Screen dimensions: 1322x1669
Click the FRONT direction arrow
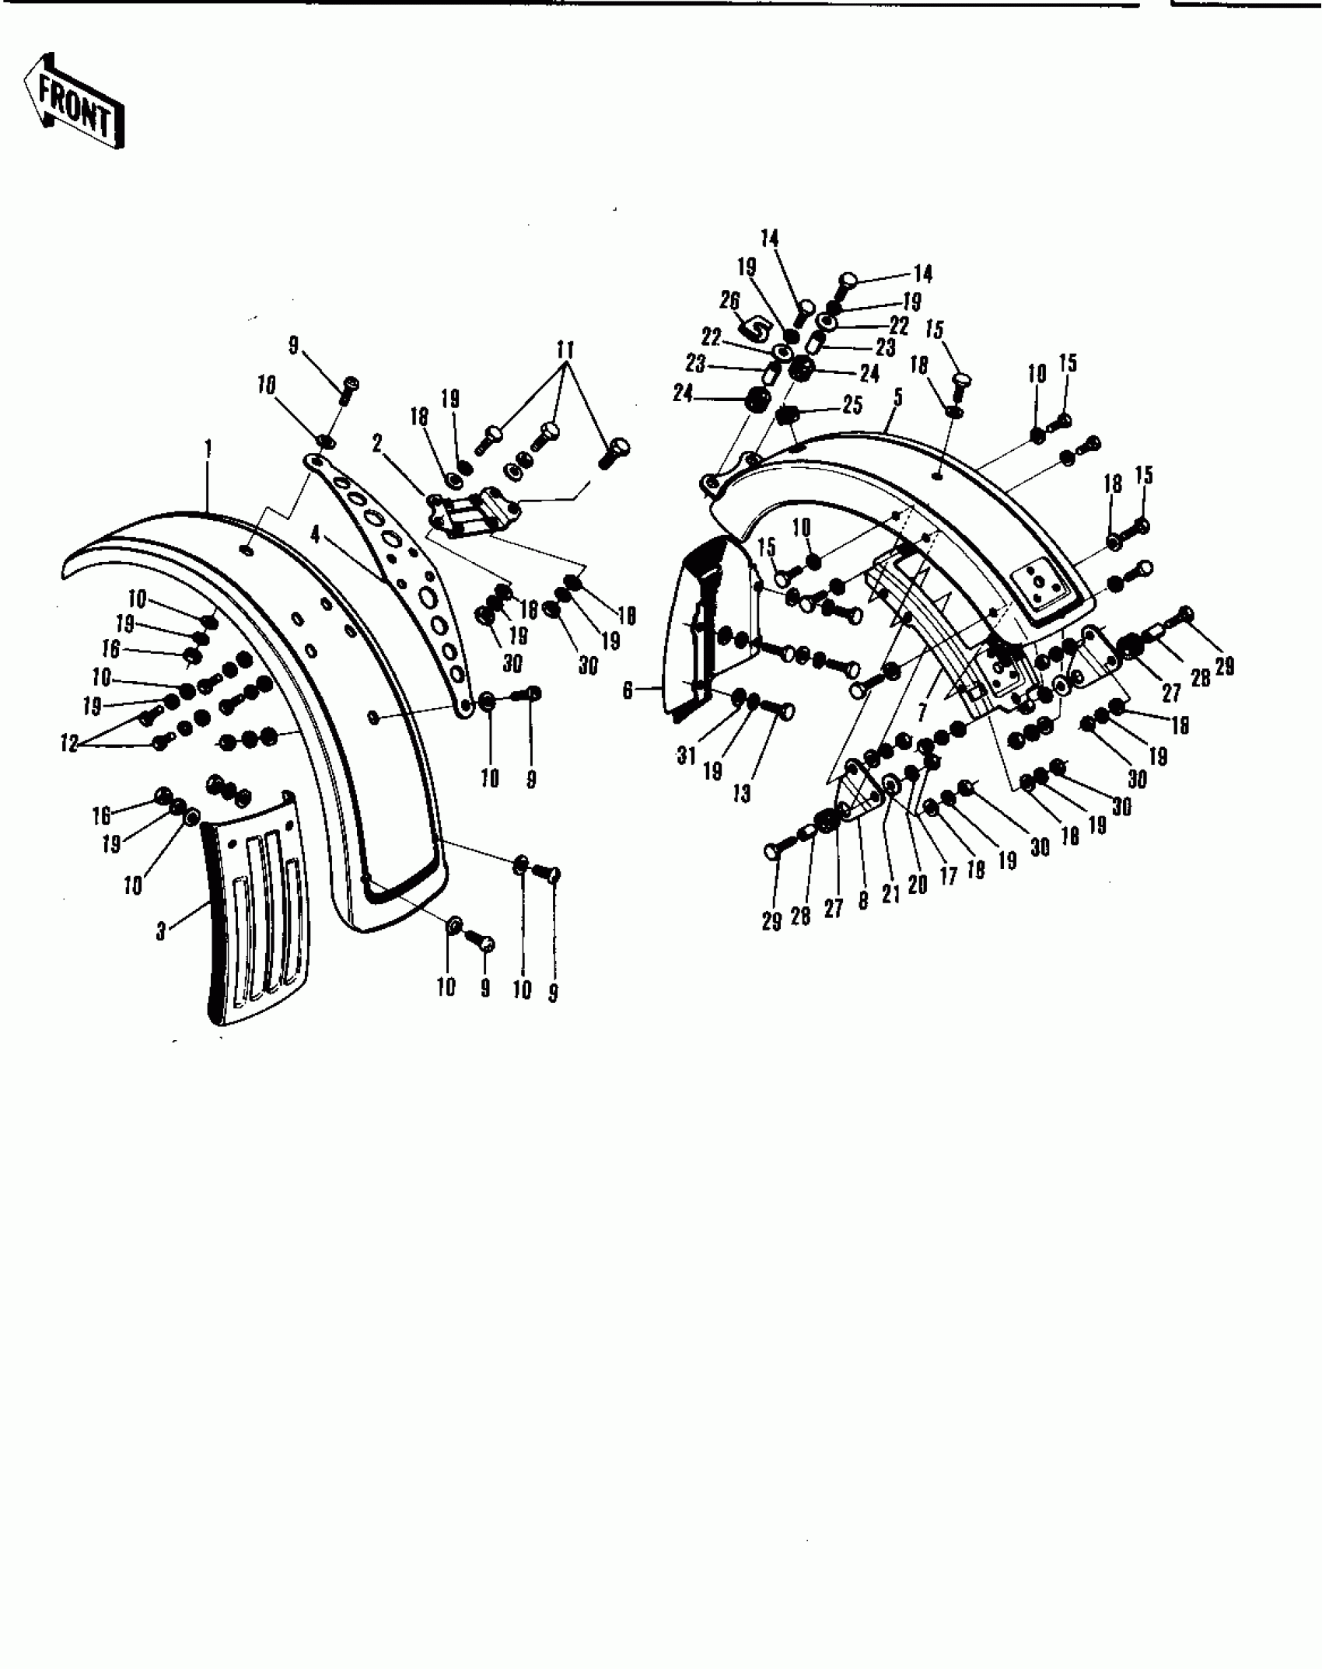74,101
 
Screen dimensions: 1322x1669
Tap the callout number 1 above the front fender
208,449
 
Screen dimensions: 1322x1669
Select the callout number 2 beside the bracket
377,444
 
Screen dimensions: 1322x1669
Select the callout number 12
70,743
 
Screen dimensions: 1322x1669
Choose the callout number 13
742,794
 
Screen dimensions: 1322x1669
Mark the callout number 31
686,754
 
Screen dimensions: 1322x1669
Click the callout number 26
729,300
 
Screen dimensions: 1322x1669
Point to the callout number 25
852,405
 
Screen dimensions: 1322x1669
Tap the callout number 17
948,877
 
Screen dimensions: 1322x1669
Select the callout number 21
890,894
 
